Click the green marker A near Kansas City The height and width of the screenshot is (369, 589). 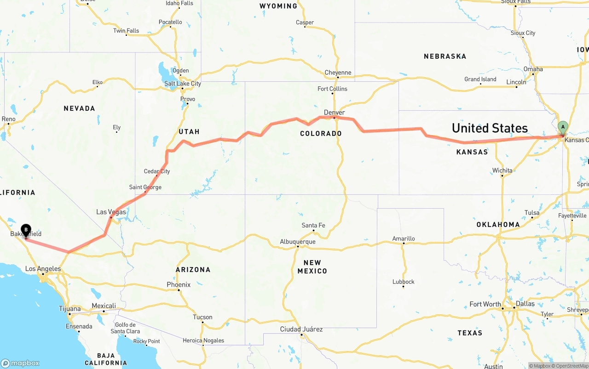point(562,127)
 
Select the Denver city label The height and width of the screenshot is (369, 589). point(334,113)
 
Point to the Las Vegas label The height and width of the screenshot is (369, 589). point(111,212)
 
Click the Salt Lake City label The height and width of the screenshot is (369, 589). point(183,84)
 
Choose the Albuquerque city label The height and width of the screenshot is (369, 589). point(298,242)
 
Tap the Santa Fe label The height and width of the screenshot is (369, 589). point(313,225)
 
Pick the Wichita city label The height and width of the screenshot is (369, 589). point(502,170)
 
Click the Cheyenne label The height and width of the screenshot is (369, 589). point(338,73)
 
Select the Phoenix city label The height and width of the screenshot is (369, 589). point(179,284)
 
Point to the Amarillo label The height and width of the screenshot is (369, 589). point(404,238)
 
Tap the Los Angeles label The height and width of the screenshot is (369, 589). point(43,269)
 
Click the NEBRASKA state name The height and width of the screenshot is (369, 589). point(445,57)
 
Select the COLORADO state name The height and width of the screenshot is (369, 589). point(321,134)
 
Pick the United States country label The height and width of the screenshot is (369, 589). point(490,128)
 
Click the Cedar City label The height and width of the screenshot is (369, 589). point(157,171)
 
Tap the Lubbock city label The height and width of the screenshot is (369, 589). point(404,282)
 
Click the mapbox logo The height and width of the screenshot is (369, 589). point(20,363)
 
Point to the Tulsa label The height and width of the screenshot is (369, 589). point(531,213)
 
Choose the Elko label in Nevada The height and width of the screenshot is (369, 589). point(98,83)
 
